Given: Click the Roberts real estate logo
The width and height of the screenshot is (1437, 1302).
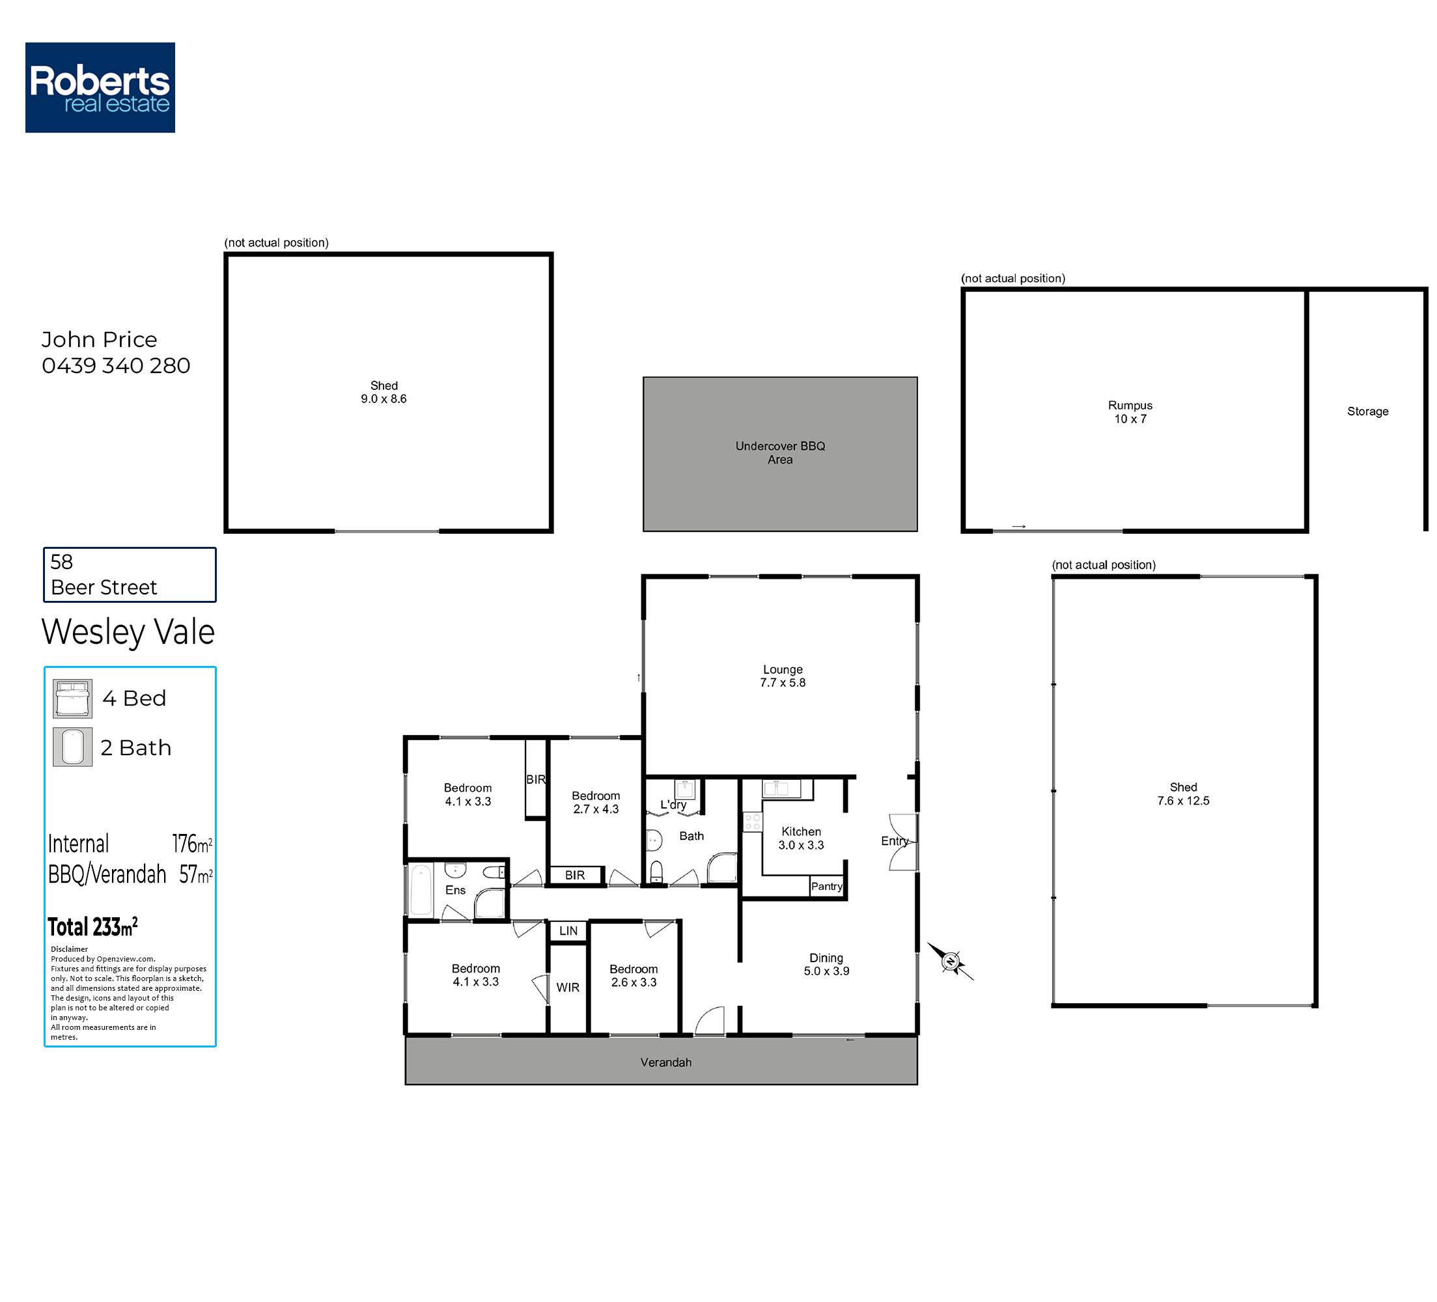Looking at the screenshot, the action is (100, 87).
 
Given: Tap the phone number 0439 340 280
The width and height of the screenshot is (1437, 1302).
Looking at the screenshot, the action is (116, 366).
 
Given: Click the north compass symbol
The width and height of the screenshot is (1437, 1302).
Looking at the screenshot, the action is (950, 962).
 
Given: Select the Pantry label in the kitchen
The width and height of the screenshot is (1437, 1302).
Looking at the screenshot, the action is (827, 887).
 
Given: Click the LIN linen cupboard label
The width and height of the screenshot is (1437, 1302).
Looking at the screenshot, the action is (568, 931).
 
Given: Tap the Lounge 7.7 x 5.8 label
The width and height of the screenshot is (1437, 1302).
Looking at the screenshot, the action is (783, 676).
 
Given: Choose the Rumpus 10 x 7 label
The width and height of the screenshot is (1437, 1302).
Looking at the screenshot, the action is (1130, 412).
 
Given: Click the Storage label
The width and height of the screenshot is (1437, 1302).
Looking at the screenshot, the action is (1368, 411).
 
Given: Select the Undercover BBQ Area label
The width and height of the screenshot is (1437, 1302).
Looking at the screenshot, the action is (781, 452).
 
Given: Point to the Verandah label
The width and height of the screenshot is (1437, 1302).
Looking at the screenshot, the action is (665, 1062).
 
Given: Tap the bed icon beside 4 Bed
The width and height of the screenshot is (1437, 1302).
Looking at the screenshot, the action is (73, 699).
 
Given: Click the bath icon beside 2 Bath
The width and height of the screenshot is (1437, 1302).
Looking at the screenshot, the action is (73, 747).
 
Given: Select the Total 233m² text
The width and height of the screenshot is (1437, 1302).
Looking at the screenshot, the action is (92, 926).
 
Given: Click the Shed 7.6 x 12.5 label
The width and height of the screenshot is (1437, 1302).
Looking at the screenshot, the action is (1183, 794).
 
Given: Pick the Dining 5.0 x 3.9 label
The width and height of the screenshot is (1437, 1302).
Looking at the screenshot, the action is (826, 964).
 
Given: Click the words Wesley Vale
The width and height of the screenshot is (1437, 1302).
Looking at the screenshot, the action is (128, 631).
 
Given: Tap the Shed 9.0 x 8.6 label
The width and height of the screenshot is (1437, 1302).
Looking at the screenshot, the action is (384, 392).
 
